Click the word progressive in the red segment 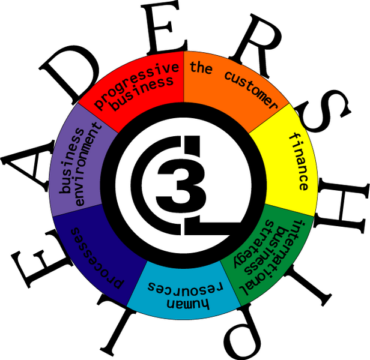[136, 85]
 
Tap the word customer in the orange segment [251, 89]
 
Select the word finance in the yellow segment [299, 161]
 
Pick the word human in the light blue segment [188, 304]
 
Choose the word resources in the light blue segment [186, 287]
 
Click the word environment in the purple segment [88, 164]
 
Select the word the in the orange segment [201, 67]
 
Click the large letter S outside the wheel [323, 111]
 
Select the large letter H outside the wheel [341, 205]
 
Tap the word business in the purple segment [71, 161]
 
